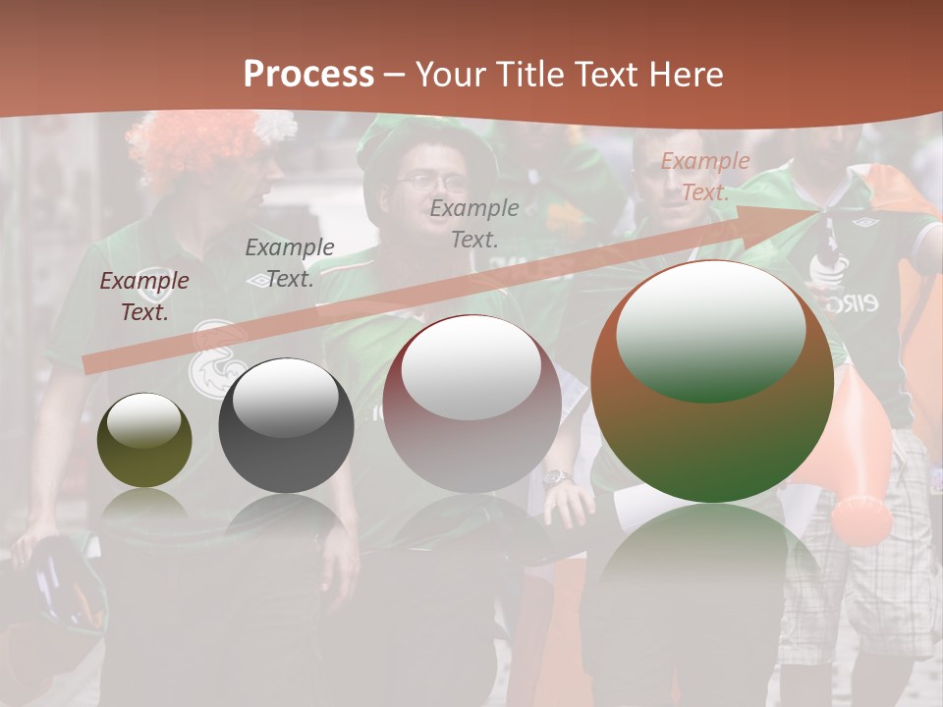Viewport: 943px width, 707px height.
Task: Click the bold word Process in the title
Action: pyautogui.click(x=308, y=75)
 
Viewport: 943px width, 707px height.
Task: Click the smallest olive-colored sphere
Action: pyautogui.click(x=144, y=441)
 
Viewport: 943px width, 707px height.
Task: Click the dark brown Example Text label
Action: pyautogui.click(x=144, y=296)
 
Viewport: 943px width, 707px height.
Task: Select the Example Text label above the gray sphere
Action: pyautogui.click(x=290, y=262)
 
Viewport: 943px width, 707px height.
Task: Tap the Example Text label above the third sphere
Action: pyautogui.click(x=474, y=223)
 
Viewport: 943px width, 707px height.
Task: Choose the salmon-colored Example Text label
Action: pyautogui.click(x=704, y=177)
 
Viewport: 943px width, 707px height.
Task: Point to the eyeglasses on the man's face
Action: pyautogui.click(x=433, y=182)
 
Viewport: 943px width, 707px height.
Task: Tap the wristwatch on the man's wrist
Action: pyautogui.click(x=557, y=478)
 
